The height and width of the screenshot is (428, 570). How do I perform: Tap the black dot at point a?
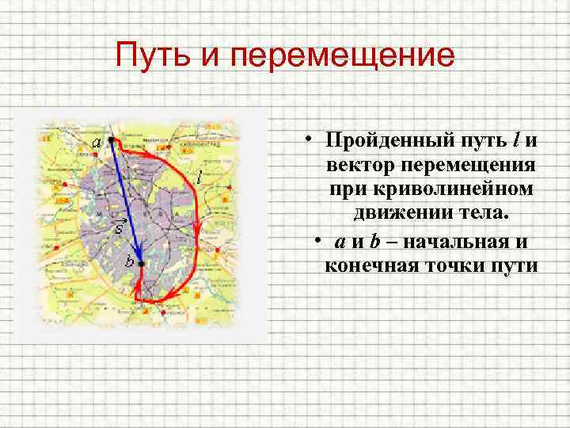click(112, 139)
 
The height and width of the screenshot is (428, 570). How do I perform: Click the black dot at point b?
click(140, 263)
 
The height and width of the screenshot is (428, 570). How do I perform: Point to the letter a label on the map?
click(96, 143)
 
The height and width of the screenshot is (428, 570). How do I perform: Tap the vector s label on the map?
click(117, 227)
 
